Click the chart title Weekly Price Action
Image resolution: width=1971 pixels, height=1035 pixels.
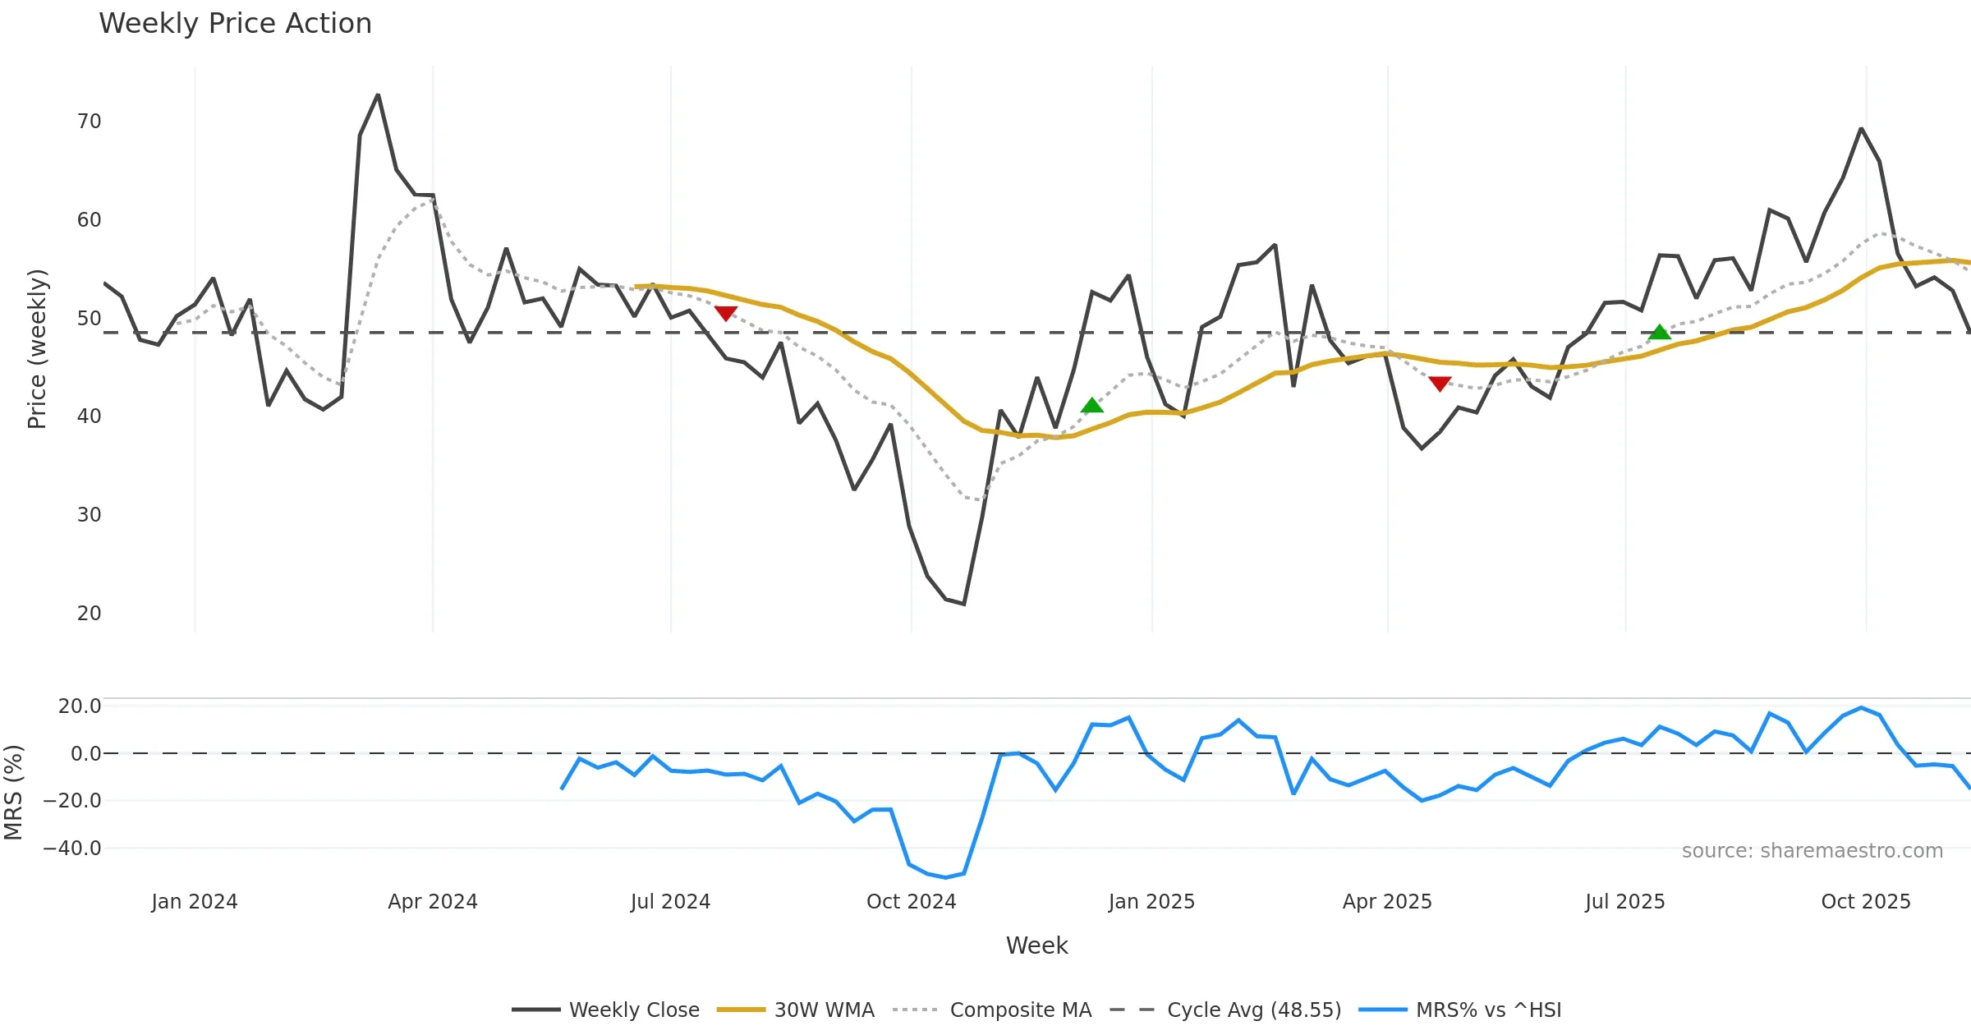pyautogui.click(x=235, y=24)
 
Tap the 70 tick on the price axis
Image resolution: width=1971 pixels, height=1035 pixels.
pyautogui.click(x=89, y=122)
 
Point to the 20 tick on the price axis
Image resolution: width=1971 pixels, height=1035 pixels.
pyautogui.click(x=89, y=614)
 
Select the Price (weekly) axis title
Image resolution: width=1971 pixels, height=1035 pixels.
pyautogui.click(x=37, y=349)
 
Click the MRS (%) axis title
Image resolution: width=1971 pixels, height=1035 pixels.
pyautogui.click(x=13, y=793)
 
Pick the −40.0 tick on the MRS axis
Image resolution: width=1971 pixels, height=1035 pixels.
pyautogui.click(x=72, y=849)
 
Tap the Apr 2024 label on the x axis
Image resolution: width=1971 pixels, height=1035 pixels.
pyautogui.click(x=433, y=902)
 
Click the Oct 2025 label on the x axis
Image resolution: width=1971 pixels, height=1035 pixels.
pyautogui.click(x=1866, y=902)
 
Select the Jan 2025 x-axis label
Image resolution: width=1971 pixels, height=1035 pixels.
pyautogui.click(x=1151, y=902)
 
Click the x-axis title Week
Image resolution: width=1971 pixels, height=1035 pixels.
pyautogui.click(x=1037, y=946)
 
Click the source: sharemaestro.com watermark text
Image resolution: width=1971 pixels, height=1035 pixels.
pyautogui.click(x=1812, y=851)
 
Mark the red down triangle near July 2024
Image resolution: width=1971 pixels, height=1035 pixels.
pyautogui.click(x=726, y=313)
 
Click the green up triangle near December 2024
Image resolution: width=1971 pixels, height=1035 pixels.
pyautogui.click(x=1092, y=406)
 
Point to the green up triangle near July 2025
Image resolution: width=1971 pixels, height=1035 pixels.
pyautogui.click(x=1660, y=332)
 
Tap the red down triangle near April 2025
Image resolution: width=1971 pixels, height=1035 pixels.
pyautogui.click(x=1440, y=384)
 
